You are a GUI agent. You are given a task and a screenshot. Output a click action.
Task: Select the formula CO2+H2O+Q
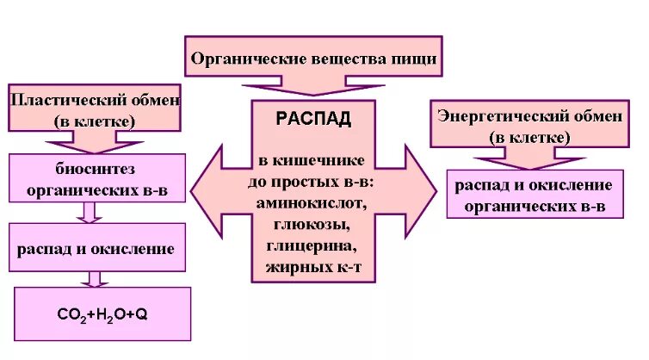point(102,314)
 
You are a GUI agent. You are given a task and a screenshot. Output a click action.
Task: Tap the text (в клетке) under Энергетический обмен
point(529,138)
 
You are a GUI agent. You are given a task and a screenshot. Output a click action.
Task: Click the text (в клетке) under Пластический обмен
point(95,121)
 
